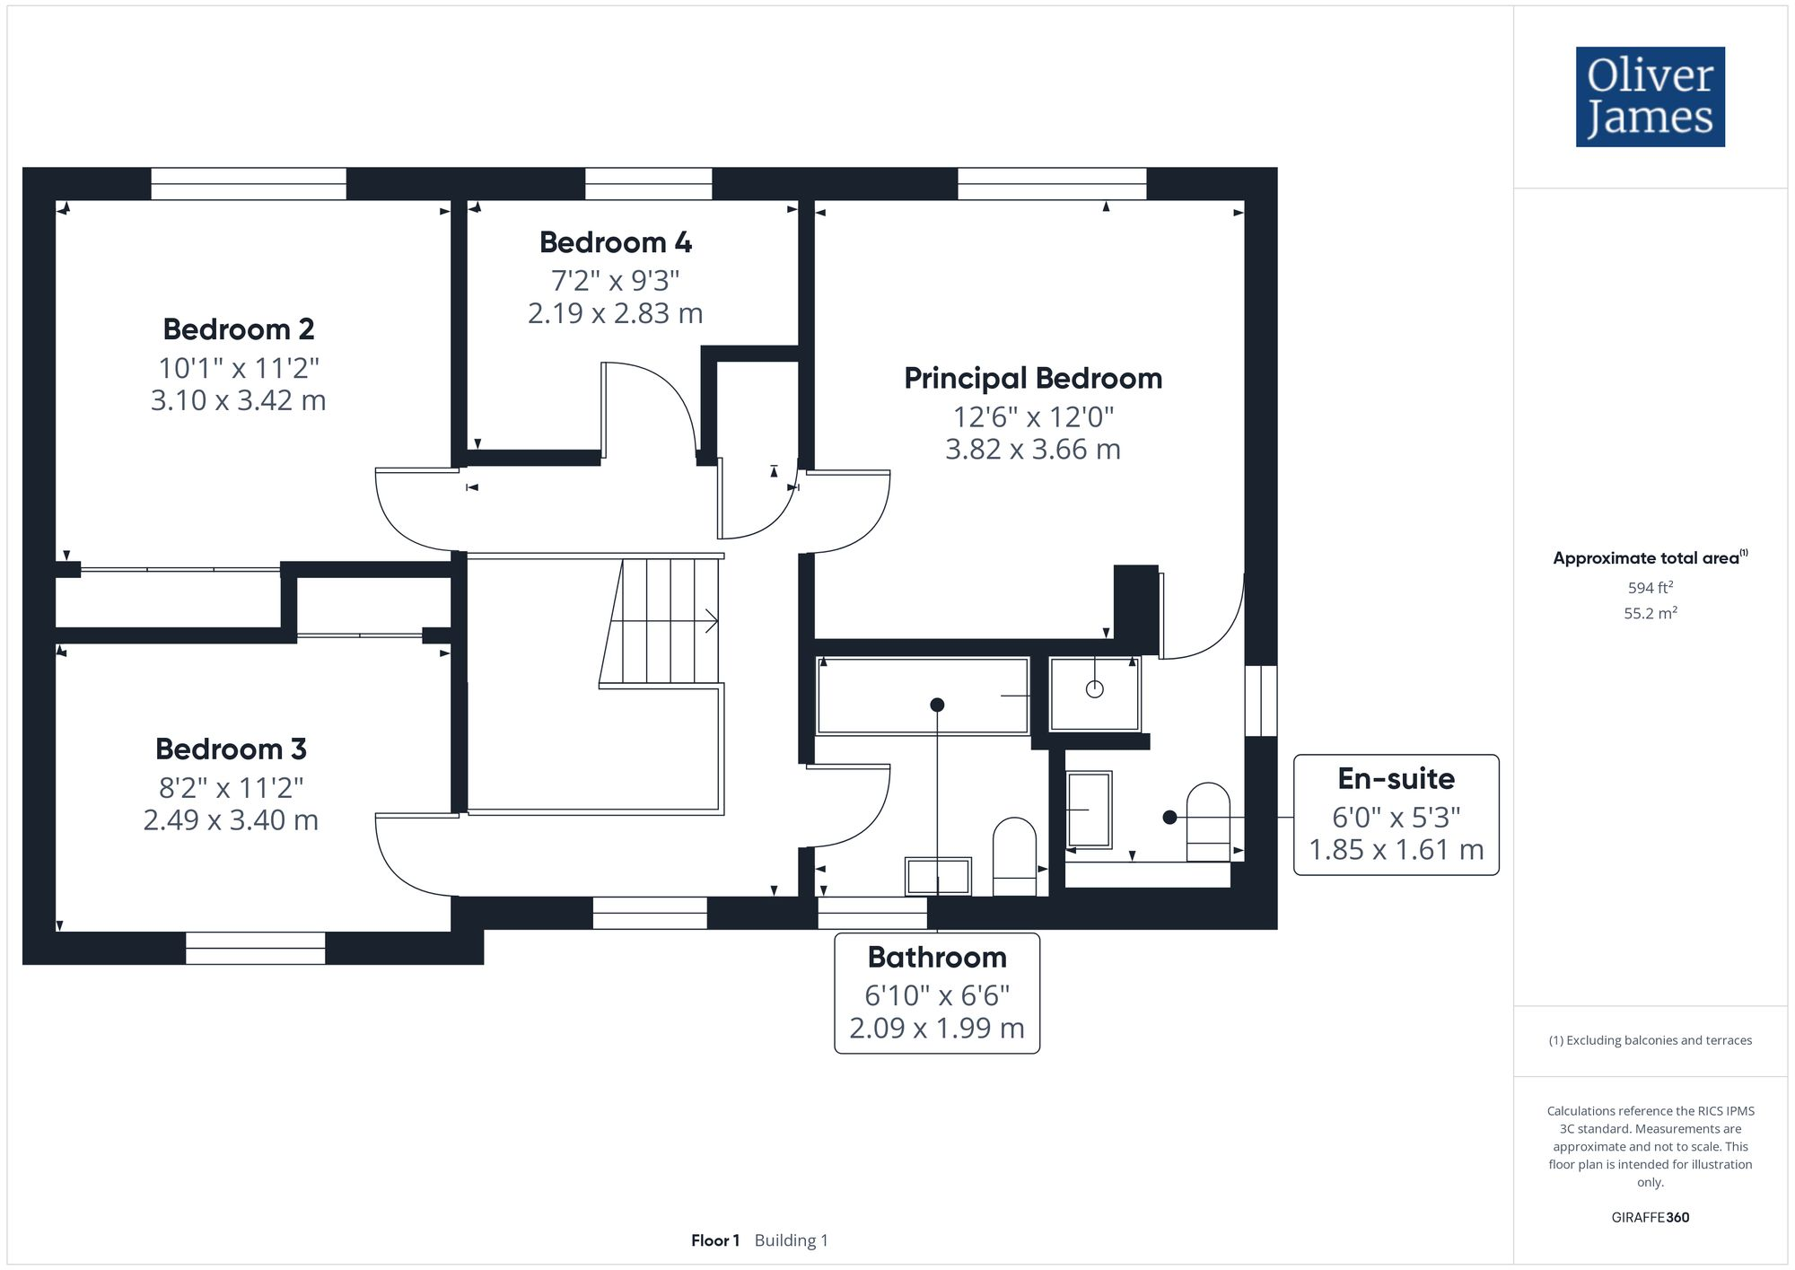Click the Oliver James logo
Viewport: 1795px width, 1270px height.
(x=1650, y=97)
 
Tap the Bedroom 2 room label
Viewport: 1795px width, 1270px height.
(x=239, y=329)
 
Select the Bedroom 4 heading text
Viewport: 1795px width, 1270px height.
(x=615, y=242)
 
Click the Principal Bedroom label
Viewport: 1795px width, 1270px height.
(x=1032, y=378)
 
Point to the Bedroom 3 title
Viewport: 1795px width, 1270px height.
(x=231, y=749)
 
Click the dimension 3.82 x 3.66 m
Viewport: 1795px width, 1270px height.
(x=1032, y=449)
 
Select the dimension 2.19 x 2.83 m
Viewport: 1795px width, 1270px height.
(x=615, y=313)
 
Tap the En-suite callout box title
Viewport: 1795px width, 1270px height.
(x=1396, y=778)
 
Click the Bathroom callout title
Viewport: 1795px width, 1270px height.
(x=937, y=957)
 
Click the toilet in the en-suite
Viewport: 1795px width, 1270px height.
(x=1208, y=821)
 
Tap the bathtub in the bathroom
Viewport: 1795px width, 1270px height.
(x=923, y=696)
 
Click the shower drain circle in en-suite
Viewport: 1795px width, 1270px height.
(x=1094, y=689)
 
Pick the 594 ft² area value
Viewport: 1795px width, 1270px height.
(x=1650, y=588)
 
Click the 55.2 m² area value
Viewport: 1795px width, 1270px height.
(x=1650, y=613)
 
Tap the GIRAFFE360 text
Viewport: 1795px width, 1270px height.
(x=1650, y=1217)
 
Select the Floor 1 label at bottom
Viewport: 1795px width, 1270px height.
(x=715, y=1240)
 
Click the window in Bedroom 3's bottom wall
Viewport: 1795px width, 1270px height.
(x=255, y=948)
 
